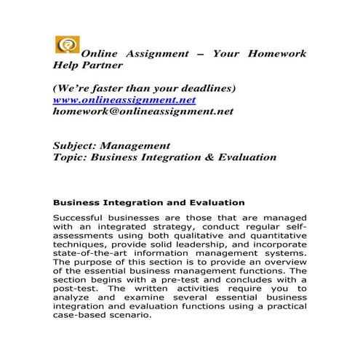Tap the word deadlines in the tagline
pos(202,88)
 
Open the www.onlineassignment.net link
pos(124,100)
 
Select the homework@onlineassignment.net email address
pos(143,112)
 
